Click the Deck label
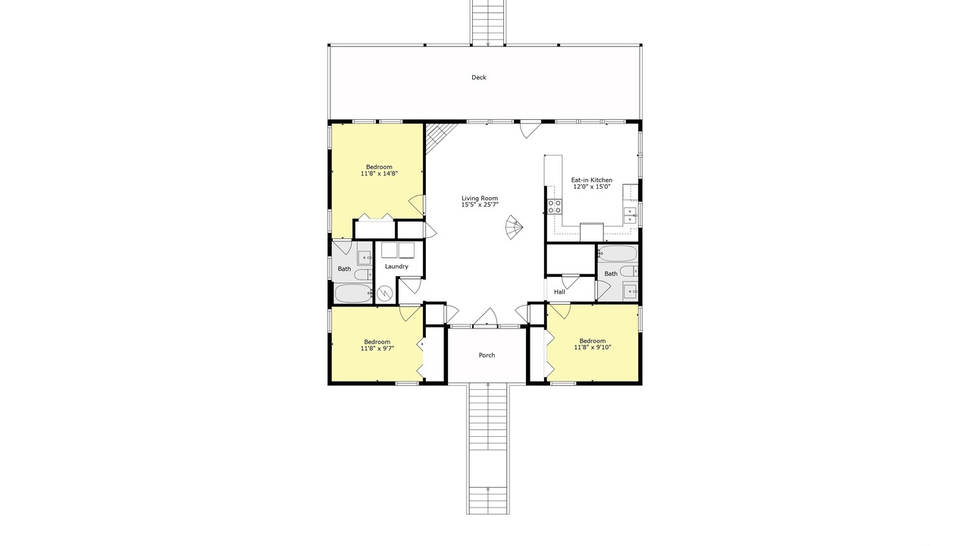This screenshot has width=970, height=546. (x=478, y=77)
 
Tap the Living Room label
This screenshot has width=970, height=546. (x=480, y=199)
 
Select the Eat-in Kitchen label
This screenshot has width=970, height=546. (x=592, y=180)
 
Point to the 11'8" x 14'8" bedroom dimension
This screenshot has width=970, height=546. (x=379, y=174)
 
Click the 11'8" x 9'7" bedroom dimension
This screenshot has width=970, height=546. (x=377, y=348)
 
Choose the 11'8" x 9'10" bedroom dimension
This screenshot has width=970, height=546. (x=593, y=347)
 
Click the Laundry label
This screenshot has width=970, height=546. (x=396, y=266)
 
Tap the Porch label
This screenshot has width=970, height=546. (x=487, y=355)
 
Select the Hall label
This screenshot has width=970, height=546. (x=559, y=292)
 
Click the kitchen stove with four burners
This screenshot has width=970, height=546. (x=554, y=206)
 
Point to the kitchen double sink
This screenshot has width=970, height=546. (x=630, y=215)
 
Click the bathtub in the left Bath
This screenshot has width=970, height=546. (x=353, y=293)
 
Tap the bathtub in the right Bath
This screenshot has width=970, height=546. (x=618, y=253)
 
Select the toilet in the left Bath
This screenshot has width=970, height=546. (x=363, y=275)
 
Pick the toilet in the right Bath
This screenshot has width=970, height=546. (x=628, y=271)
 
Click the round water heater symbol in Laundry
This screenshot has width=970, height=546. (x=384, y=294)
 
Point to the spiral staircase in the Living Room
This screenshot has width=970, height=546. (x=514, y=227)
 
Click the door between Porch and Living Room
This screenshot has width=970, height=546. (x=484, y=317)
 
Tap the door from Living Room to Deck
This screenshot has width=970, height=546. (x=530, y=129)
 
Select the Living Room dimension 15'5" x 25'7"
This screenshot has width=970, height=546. (x=480, y=205)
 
